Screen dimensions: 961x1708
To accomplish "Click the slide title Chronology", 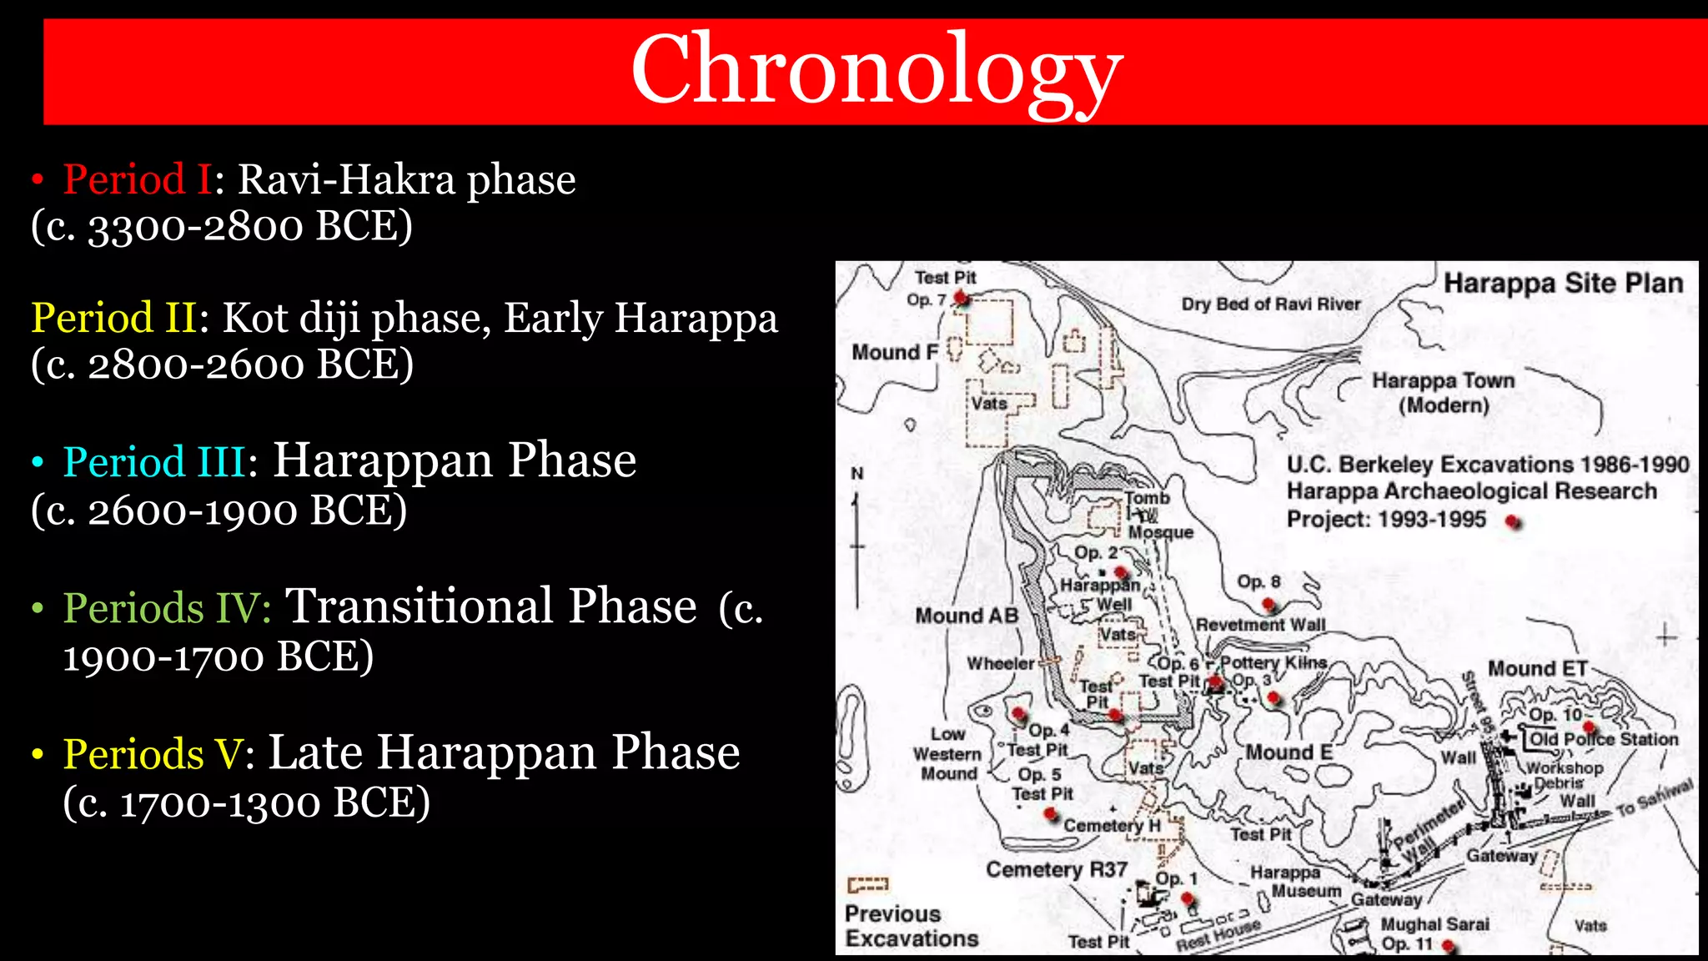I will (x=876, y=70).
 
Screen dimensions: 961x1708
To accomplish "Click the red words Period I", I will (x=137, y=179).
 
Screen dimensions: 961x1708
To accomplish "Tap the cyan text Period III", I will (x=154, y=461).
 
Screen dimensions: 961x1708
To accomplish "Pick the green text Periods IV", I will (x=166, y=607).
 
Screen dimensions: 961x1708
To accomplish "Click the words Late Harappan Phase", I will (x=504, y=753).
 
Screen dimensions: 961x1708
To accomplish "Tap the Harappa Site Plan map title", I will (x=1563, y=284).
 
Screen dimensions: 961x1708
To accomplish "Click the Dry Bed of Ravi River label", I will (x=1270, y=304).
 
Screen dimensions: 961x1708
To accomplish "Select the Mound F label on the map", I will (x=894, y=352).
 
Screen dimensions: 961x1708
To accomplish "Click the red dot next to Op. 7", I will (x=961, y=297).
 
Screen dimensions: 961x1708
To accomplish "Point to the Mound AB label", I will (x=967, y=616).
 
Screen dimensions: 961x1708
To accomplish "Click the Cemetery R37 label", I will (x=1056, y=869).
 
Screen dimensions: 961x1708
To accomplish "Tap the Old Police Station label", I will (x=1603, y=739).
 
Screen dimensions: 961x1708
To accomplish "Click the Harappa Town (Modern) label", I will (x=1443, y=392).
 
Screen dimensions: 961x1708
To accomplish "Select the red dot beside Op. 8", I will (x=1268, y=603).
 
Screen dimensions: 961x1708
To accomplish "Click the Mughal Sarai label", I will (x=1434, y=924).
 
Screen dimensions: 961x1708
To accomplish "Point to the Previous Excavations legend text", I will (x=911, y=926).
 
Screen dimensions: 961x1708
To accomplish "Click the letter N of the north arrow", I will (x=857, y=474).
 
